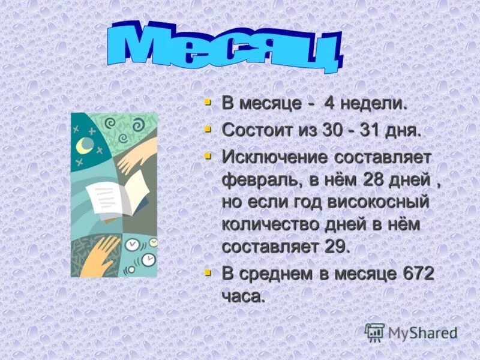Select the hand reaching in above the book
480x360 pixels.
(137, 157)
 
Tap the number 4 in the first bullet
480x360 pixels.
(329, 103)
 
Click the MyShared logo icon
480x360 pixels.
(374, 332)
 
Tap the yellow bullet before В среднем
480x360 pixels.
(208, 273)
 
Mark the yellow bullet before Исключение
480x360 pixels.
(208, 157)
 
